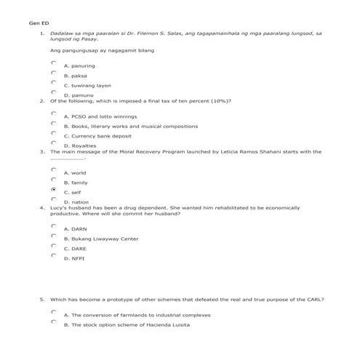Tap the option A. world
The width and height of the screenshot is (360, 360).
tap(75, 173)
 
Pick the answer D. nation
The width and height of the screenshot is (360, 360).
tap(76, 201)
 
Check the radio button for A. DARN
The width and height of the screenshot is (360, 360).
tap(54, 226)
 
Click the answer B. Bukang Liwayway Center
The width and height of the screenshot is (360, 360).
tap(100, 239)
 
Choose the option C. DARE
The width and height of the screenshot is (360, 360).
tap(75, 248)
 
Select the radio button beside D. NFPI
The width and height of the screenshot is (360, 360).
tap(54, 255)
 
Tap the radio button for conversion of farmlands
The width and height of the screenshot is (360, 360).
tap(54, 312)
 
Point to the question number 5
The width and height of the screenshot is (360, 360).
tap(42, 299)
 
